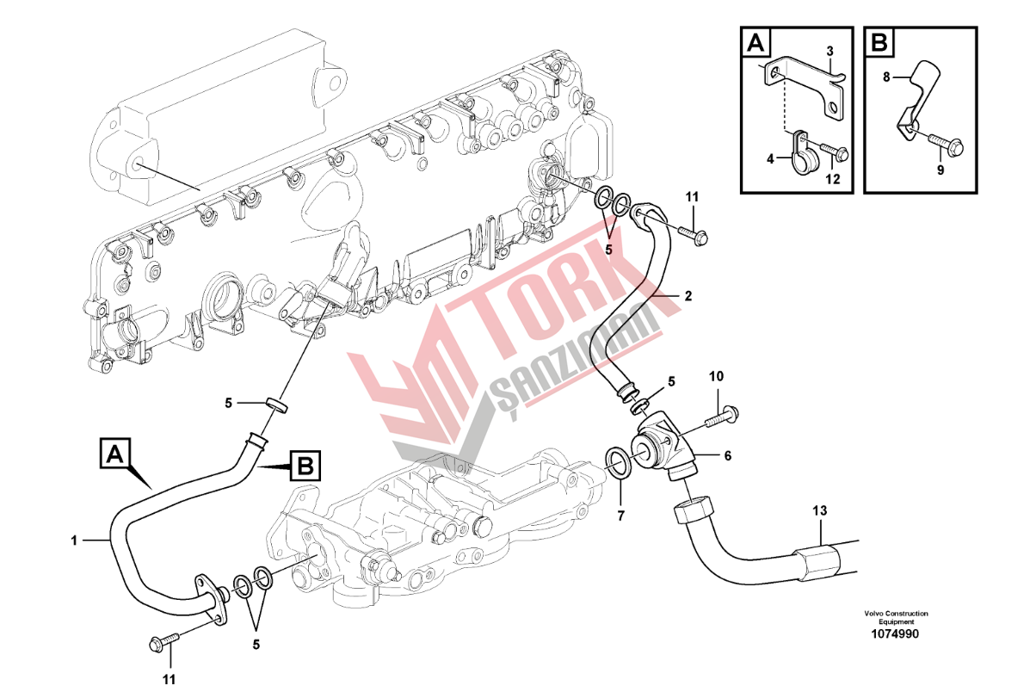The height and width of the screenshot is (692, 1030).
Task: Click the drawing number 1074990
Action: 896,634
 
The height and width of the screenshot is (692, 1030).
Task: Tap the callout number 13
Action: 820,511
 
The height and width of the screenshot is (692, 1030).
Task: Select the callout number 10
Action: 717,377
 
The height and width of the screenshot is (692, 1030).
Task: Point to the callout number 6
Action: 727,456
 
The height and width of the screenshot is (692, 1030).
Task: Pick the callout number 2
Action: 688,295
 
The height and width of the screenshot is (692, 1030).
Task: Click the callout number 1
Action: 75,541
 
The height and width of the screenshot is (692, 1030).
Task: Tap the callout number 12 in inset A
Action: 832,179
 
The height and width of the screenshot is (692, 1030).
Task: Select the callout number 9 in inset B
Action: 941,170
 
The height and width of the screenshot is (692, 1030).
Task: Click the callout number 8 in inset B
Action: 886,77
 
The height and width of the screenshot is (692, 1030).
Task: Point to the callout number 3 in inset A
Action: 830,52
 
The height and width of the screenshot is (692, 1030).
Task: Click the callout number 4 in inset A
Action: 771,158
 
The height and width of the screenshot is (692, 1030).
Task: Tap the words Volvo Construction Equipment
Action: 896,617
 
